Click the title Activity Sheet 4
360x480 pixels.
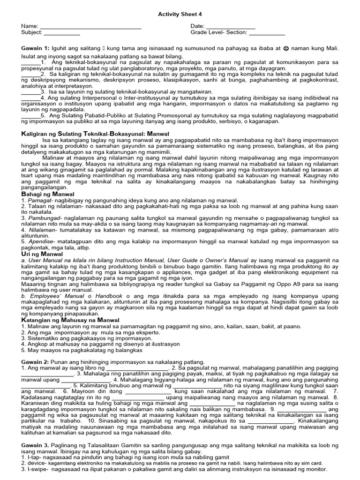180,14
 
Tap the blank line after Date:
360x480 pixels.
231,27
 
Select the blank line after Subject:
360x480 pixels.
62,33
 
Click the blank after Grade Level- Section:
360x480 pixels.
267,33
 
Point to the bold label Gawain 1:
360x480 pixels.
36,49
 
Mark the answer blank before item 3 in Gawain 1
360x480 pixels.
31,91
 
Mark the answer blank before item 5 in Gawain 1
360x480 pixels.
31,115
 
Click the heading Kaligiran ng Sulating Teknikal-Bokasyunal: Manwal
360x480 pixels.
96,134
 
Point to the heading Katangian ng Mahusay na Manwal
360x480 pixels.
70,320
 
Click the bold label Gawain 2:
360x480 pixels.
36,362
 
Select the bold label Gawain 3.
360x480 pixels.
35,444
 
